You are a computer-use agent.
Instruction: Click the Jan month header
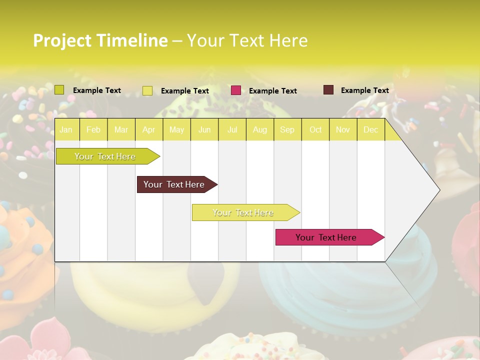[x=66, y=129]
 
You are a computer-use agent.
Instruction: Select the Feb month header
[x=93, y=129]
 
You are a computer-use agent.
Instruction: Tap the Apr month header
[x=149, y=129]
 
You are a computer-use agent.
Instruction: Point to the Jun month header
[x=204, y=129]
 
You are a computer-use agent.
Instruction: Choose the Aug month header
[x=260, y=129]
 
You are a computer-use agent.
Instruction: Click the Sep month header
[x=287, y=129]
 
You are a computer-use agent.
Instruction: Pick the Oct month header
[x=315, y=129]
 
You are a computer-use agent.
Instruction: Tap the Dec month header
[x=371, y=129]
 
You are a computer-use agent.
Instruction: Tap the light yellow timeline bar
[x=243, y=212]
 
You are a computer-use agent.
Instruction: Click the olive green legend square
[x=59, y=90]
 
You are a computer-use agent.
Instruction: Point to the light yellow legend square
[x=147, y=90]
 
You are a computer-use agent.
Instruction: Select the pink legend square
[x=236, y=90]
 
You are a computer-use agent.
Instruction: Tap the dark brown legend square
[x=328, y=90]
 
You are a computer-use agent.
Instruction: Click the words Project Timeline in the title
[x=100, y=40]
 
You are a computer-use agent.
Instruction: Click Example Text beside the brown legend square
[x=365, y=90]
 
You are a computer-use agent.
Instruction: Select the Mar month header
[x=121, y=129]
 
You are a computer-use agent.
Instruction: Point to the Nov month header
[x=343, y=129]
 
